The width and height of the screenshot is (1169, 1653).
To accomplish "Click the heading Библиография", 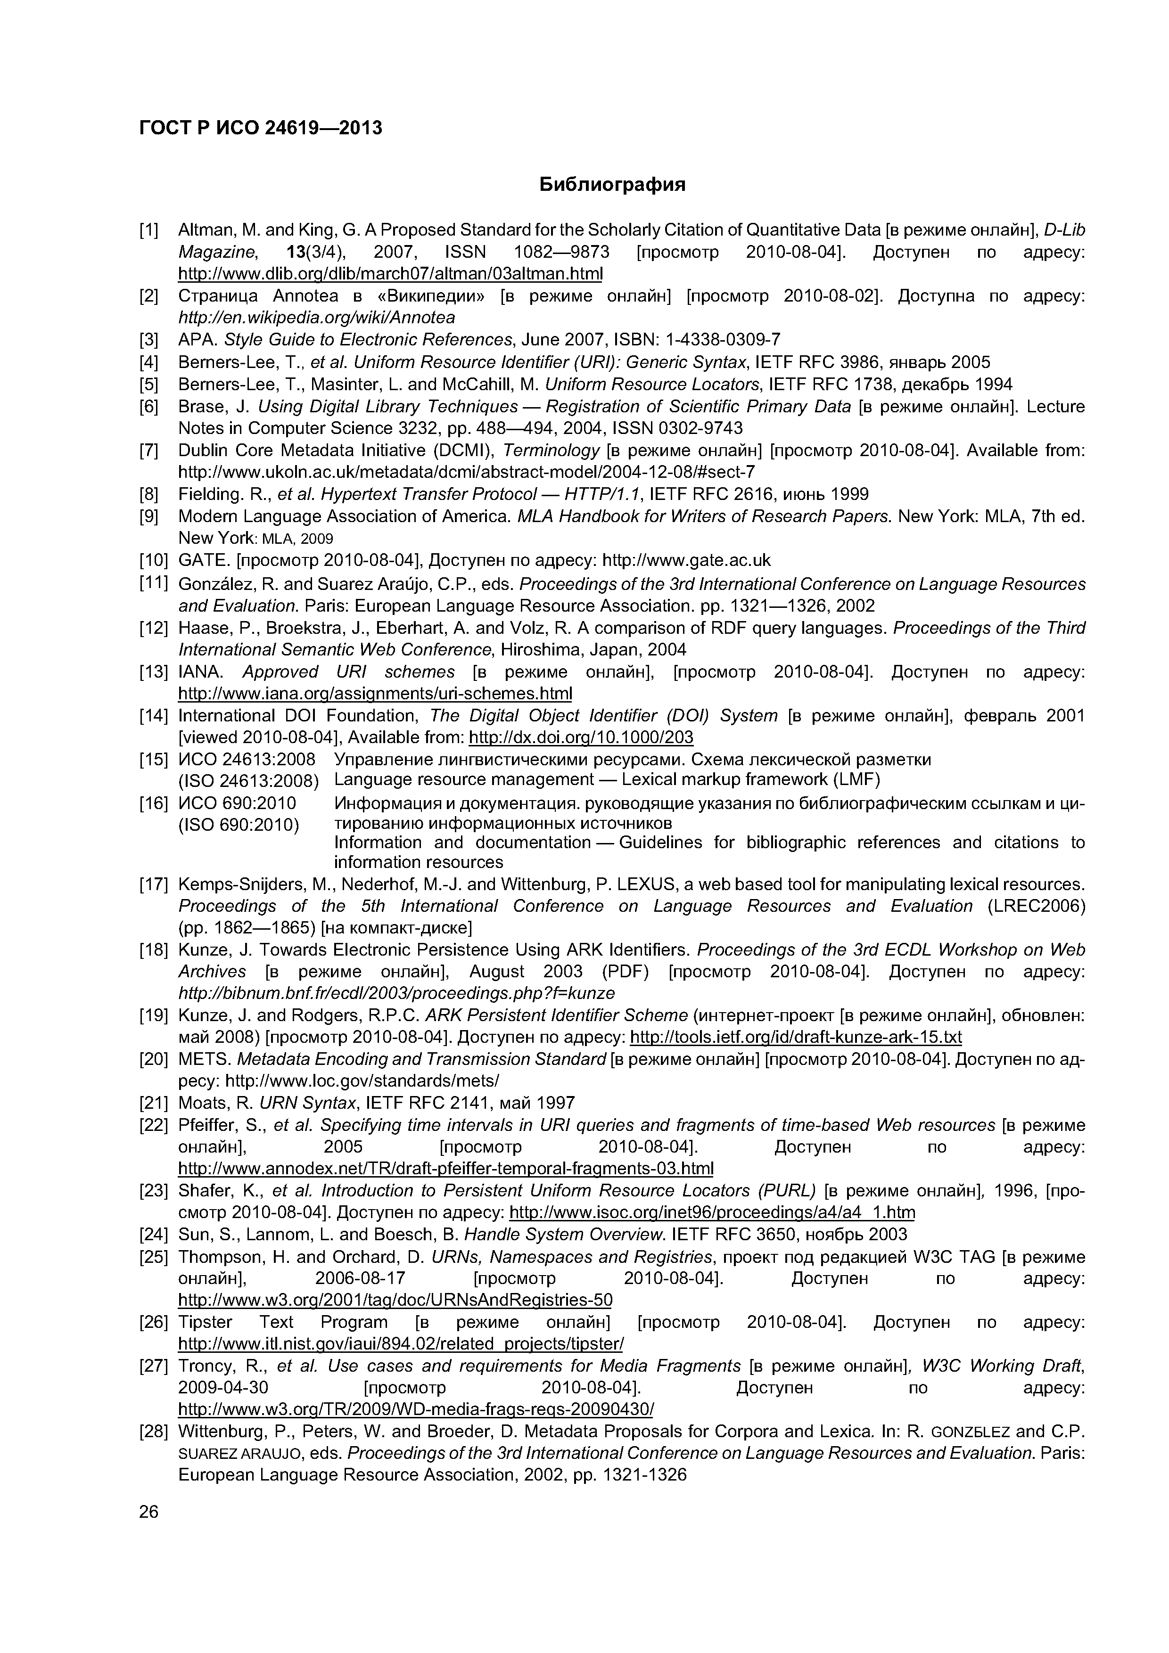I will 612,185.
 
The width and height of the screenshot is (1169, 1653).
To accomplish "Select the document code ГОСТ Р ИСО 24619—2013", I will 260,128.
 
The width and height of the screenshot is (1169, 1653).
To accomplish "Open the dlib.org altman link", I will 390,274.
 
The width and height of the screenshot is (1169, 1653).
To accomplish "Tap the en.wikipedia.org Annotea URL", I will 316,318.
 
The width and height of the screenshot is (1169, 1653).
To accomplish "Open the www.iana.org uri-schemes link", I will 375,693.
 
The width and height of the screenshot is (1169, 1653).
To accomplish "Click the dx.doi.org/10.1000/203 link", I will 581,737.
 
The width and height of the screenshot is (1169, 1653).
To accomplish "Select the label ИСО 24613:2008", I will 247,760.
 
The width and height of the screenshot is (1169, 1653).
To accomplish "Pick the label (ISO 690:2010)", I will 239,823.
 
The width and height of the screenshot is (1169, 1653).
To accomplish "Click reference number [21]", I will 153,1103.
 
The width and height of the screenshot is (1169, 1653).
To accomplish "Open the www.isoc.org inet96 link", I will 712,1212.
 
